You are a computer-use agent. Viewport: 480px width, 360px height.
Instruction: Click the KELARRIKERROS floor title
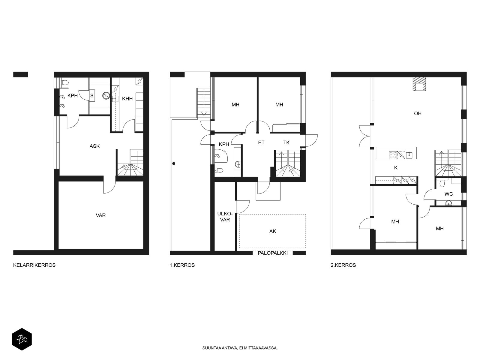click(x=34, y=265)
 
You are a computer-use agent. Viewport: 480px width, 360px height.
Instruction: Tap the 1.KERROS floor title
click(x=182, y=265)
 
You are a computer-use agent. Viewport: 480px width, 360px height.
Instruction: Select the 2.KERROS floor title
click(x=343, y=265)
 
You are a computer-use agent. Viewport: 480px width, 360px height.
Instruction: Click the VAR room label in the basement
click(x=100, y=215)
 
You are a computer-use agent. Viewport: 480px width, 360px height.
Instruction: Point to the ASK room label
click(x=94, y=146)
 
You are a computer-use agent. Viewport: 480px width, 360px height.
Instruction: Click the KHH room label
click(x=127, y=99)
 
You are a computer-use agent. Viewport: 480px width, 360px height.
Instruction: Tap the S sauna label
click(x=92, y=95)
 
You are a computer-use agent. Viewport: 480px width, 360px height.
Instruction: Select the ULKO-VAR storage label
click(x=225, y=217)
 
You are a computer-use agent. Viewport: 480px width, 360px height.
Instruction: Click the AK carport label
click(x=272, y=231)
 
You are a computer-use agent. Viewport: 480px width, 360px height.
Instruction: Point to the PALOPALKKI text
click(x=272, y=253)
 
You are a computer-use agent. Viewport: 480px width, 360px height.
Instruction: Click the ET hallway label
click(x=261, y=142)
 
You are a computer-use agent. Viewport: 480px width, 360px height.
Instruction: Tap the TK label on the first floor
click(x=286, y=142)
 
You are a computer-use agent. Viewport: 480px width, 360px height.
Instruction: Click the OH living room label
click(x=418, y=113)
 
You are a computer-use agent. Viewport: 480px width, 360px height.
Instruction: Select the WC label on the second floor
click(x=448, y=194)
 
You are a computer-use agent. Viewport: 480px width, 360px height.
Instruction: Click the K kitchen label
click(x=396, y=168)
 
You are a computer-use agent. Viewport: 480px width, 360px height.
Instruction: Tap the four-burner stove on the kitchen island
click(x=393, y=155)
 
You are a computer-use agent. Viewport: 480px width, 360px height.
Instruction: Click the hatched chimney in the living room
click(x=419, y=84)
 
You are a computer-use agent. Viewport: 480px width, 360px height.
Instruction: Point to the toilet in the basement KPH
click(x=65, y=82)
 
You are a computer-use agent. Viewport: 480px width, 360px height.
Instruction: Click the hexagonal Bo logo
click(x=22, y=339)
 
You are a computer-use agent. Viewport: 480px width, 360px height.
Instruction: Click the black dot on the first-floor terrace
click(x=174, y=163)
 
